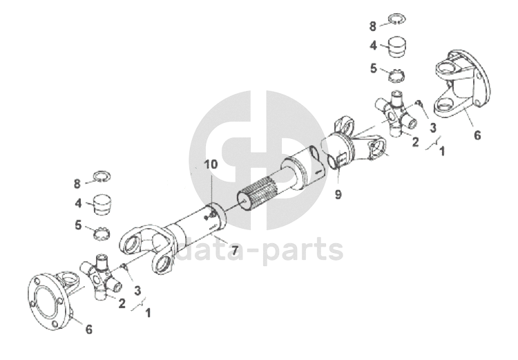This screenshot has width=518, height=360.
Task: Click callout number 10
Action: click(209, 164)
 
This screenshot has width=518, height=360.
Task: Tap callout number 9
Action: click(338, 195)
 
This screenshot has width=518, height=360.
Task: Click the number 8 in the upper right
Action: click(373, 26)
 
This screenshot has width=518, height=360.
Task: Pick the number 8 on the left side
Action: click(78, 183)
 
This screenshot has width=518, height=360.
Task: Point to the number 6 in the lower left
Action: click(87, 330)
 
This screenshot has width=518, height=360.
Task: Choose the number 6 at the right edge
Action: click(477, 135)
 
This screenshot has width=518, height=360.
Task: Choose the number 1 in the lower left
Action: click(148, 312)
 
